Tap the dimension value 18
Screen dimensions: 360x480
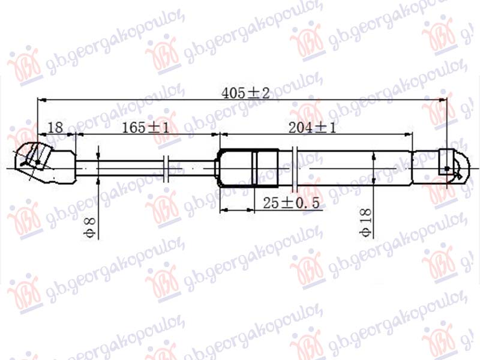click(55, 127)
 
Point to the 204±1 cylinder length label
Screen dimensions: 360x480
click(311, 127)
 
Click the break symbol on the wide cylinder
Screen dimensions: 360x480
click(296, 163)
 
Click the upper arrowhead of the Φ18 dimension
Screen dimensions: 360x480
click(374, 155)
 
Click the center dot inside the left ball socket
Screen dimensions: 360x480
click(38, 161)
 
